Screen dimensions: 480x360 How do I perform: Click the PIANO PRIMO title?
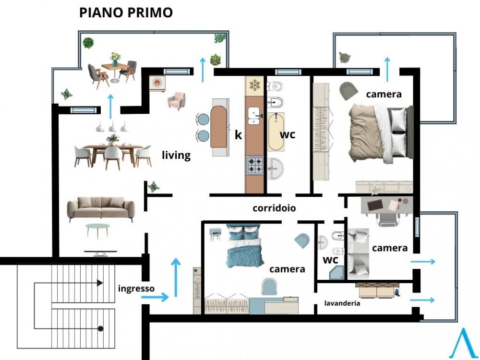(x=126, y=12)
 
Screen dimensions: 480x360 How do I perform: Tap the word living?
(x=176, y=155)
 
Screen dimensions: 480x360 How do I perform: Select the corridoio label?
(x=274, y=208)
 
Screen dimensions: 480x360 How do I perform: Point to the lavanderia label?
(x=342, y=303)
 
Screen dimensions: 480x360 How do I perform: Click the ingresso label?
(x=136, y=288)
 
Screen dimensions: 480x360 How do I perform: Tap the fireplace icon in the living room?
(x=157, y=83)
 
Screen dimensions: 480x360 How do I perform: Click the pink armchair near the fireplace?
(x=177, y=101)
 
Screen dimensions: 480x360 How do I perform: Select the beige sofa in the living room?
(x=101, y=208)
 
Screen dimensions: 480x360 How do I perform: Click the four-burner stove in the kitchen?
(x=255, y=165)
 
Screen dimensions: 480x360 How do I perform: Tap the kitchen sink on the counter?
(x=254, y=116)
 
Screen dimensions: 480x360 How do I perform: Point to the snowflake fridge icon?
(x=254, y=85)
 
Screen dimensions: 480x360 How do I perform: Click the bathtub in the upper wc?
(x=276, y=132)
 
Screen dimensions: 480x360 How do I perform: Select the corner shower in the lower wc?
(x=336, y=273)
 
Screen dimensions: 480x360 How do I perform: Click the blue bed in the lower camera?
(x=244, y=245)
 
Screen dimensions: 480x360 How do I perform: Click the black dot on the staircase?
(x=100, y=329)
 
